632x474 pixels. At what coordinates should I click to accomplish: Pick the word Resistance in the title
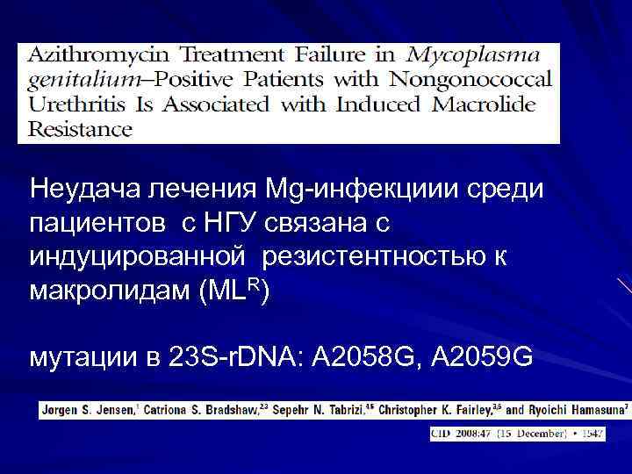[x=81, y=129]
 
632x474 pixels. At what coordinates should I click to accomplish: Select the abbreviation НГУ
[x=243, y=225]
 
